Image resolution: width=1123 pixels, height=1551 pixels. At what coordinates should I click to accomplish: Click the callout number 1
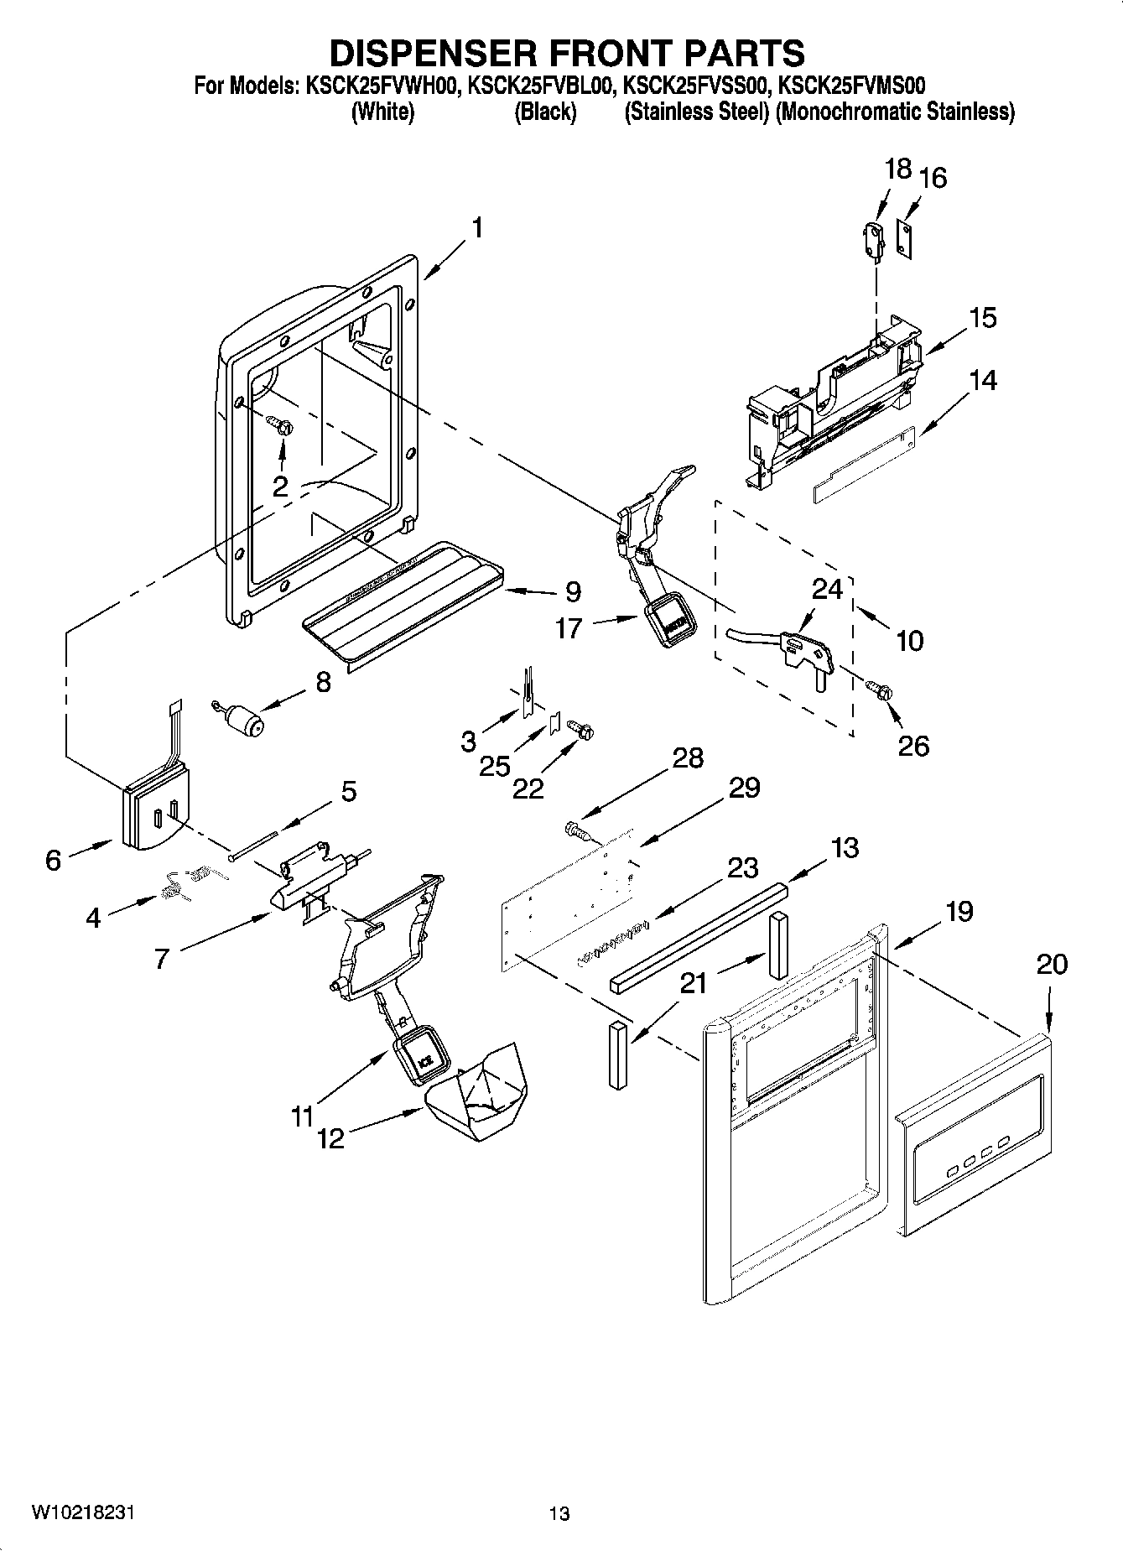(476, 228)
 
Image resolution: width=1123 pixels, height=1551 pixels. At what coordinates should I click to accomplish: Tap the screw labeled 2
(283, 426)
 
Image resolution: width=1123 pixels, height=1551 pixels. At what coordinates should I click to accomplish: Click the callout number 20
(1052, 964)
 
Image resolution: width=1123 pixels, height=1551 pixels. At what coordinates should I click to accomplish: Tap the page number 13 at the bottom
(559, 1514)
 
